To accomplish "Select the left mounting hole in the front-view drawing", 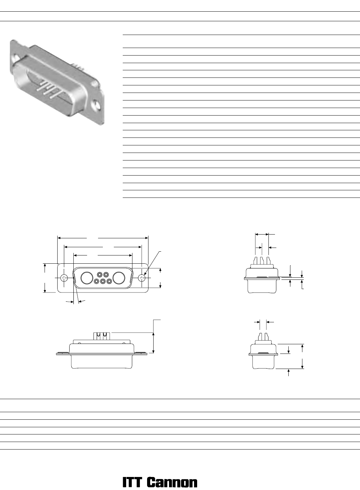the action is tap(64, 278).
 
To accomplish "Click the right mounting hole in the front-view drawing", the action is tap(142, 278).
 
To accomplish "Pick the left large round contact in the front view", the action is tap(87, 278).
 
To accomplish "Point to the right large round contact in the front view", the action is tap(119, 278).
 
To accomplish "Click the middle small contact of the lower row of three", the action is tap(103, 281).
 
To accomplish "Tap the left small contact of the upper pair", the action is tap(100, 274).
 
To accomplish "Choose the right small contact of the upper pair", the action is tap(106, 274).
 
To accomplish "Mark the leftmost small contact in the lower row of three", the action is tap(97, 281).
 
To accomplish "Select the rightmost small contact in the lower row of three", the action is tap(109, 281).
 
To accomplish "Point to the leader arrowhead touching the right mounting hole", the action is tap(145, 275).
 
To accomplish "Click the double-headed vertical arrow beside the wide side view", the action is tap(154, 343).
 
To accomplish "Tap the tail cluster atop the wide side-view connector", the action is tap(100, 336).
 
